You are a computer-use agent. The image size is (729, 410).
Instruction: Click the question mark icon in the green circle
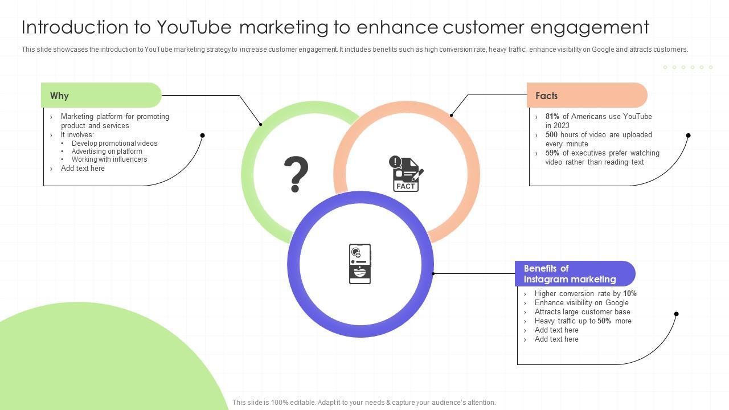[296, 174]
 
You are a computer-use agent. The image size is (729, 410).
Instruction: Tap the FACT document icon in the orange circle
[406, 174]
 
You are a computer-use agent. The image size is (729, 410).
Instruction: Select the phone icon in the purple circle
[360, 264]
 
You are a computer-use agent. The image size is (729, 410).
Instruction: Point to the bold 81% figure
[552, 117]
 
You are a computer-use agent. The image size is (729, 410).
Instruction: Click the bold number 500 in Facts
[551, 135]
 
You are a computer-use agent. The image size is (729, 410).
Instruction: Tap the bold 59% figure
[552, 153]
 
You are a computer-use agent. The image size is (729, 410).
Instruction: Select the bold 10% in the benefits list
[630, 294]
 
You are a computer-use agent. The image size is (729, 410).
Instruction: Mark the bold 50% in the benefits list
[604, 321]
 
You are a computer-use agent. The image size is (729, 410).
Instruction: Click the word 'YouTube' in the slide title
[194, 27]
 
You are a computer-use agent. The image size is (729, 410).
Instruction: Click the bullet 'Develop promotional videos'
[114, 143]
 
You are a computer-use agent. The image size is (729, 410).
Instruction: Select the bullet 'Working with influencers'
[109, 159]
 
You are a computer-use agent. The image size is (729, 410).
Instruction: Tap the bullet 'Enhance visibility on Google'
[581, 303]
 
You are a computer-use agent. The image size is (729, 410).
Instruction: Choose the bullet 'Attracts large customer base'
[582, 312]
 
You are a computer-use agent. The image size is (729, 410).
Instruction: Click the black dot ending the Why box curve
[202, 136]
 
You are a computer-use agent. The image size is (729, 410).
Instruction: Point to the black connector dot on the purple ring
[433, 274]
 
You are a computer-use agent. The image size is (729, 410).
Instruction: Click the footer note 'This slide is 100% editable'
[364, 403]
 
